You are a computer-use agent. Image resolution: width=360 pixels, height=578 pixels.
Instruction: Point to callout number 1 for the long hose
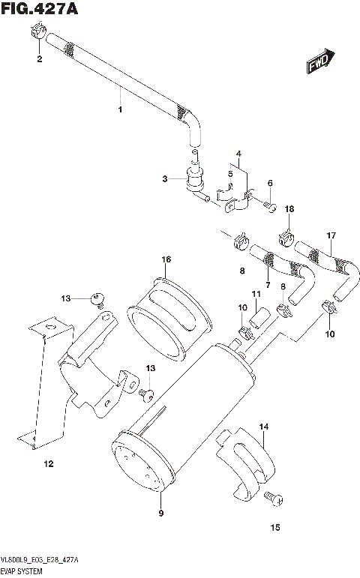click(x=118, y=110)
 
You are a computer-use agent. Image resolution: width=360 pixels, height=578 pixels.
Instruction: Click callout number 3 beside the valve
click(x=164, y=178)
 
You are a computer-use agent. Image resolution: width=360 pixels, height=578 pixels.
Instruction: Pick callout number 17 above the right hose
click(x=329, y=235)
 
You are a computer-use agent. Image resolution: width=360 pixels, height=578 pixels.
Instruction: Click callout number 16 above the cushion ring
click(x=166, y=259)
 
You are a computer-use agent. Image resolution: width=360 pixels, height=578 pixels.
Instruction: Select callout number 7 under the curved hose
click(x=267, y=286)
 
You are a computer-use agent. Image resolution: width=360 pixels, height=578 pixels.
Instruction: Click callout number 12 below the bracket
click(x=48, y=464)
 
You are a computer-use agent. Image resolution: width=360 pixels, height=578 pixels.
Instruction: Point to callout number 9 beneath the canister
click(x=160, y=513)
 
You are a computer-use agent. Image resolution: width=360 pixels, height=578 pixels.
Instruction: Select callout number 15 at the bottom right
click(x=275, y=528)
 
